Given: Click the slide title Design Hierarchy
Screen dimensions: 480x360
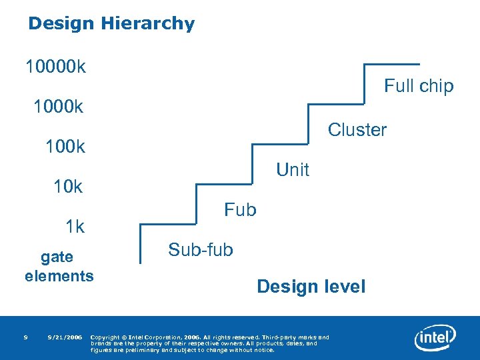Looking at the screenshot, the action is (111, 24).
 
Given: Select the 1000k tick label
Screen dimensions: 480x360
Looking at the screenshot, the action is (58, 107).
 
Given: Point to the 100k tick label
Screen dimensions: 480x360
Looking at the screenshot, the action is (65, 147).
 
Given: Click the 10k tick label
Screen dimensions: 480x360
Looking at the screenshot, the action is (68, 187).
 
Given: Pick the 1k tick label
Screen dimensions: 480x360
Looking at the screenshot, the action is (75, 227).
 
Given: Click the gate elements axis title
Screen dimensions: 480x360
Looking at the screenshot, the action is (59, 266).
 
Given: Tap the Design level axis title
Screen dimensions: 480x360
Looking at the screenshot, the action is (311, 287).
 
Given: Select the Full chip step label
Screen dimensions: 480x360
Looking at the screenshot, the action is (418, 86).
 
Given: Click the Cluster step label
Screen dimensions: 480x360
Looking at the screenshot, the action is (357, 129).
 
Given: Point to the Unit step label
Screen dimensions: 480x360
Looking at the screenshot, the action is (293, 170).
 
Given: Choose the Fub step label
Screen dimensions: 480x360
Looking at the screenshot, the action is (240, 210).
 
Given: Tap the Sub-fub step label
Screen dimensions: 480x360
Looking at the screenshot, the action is (201, 250).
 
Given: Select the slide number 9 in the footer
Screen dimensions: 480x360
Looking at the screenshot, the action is (25, 337).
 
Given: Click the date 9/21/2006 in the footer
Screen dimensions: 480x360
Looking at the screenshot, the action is (65, 337).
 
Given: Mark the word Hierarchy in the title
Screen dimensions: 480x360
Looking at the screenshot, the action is (148, 24).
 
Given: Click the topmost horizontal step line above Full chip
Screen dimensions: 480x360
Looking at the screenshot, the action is (391, 65).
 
